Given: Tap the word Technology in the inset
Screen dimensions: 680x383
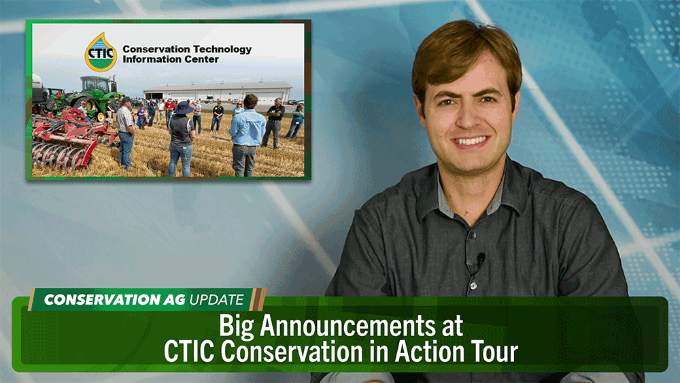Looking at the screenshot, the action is (223, 50).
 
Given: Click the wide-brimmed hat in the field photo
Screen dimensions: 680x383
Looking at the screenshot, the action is (184, 107).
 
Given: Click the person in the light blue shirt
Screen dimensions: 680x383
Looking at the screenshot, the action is (246, 135).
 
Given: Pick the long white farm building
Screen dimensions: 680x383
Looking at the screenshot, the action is (218, 92).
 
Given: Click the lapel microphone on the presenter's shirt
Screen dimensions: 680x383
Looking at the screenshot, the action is (481, 259).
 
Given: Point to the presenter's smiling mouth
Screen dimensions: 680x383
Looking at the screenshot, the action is (470, 142).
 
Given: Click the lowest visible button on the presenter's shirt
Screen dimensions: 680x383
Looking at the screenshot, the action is (473, 286).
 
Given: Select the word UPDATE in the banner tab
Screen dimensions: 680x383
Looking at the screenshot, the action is (216, 300).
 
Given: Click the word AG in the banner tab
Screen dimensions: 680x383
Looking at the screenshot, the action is (174, 300).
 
